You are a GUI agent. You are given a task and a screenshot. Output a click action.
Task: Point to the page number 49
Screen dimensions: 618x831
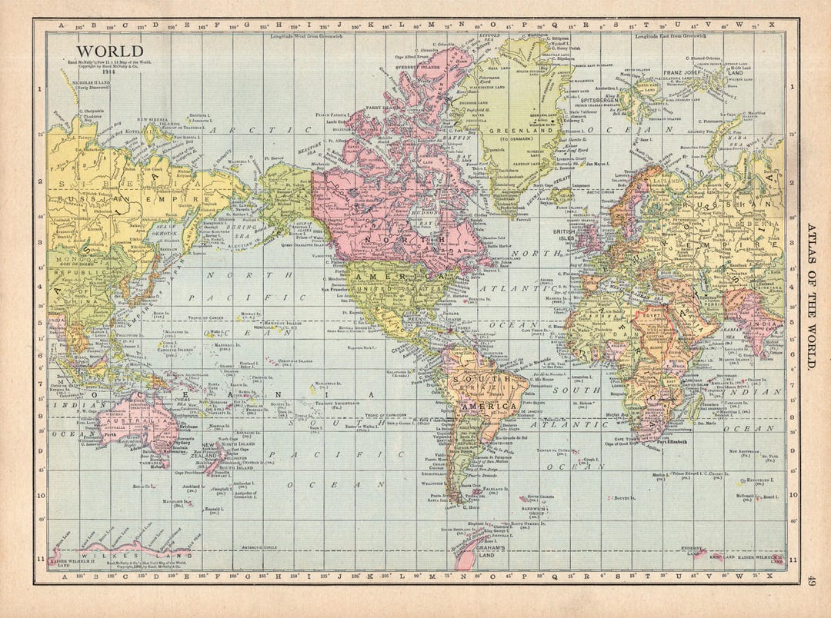click(x=813, y=583)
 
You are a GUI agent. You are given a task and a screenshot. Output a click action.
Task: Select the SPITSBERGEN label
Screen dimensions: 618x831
click(x=600, y=100)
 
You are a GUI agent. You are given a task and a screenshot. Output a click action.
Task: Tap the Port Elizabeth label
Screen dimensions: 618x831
click(x=672, y=441)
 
